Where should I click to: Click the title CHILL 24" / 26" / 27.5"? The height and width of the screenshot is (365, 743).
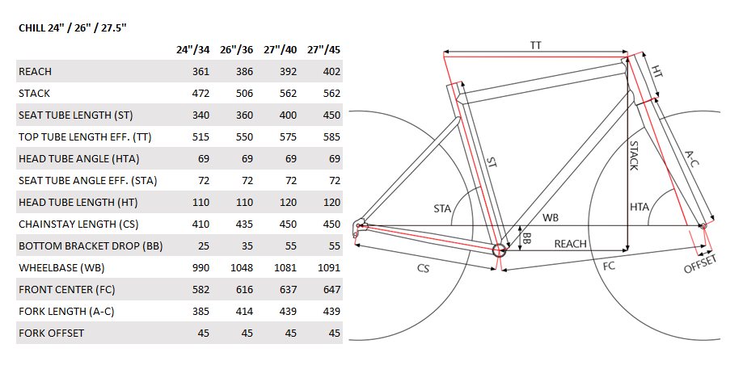coord(73,28)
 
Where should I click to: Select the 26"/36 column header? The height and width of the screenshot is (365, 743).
coord(236,50)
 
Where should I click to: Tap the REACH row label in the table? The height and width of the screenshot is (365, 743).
coord(35,72)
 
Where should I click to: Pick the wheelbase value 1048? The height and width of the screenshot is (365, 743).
coord(242,267)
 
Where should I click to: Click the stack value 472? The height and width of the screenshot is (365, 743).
coord(201,93)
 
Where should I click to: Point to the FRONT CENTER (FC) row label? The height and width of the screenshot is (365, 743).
coord(67,289)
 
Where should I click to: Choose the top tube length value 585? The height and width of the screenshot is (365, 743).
coord(331,136)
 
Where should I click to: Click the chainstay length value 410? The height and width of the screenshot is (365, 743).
coord(201,224)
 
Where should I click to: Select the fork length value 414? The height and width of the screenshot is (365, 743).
coord(244,311)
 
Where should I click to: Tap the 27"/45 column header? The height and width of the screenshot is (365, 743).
coord(324,50)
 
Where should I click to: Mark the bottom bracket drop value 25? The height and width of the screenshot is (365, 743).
coord(203,245)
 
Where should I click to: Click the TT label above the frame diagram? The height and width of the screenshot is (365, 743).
coord(535,45)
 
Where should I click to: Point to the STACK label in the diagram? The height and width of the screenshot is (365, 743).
coord(634,155)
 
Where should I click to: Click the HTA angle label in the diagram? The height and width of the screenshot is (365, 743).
coord(640,207)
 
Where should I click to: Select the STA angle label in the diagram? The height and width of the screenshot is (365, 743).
coord(442,208)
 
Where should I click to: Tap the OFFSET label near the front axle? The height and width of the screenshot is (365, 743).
coord(700,264)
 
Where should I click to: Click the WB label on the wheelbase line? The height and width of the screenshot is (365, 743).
coord(550,217)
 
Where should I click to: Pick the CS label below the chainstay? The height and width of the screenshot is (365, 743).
coord(423,268)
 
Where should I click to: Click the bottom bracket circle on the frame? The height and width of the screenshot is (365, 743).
coord(499,250)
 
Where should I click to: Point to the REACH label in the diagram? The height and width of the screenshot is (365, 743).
coord(570,244)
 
